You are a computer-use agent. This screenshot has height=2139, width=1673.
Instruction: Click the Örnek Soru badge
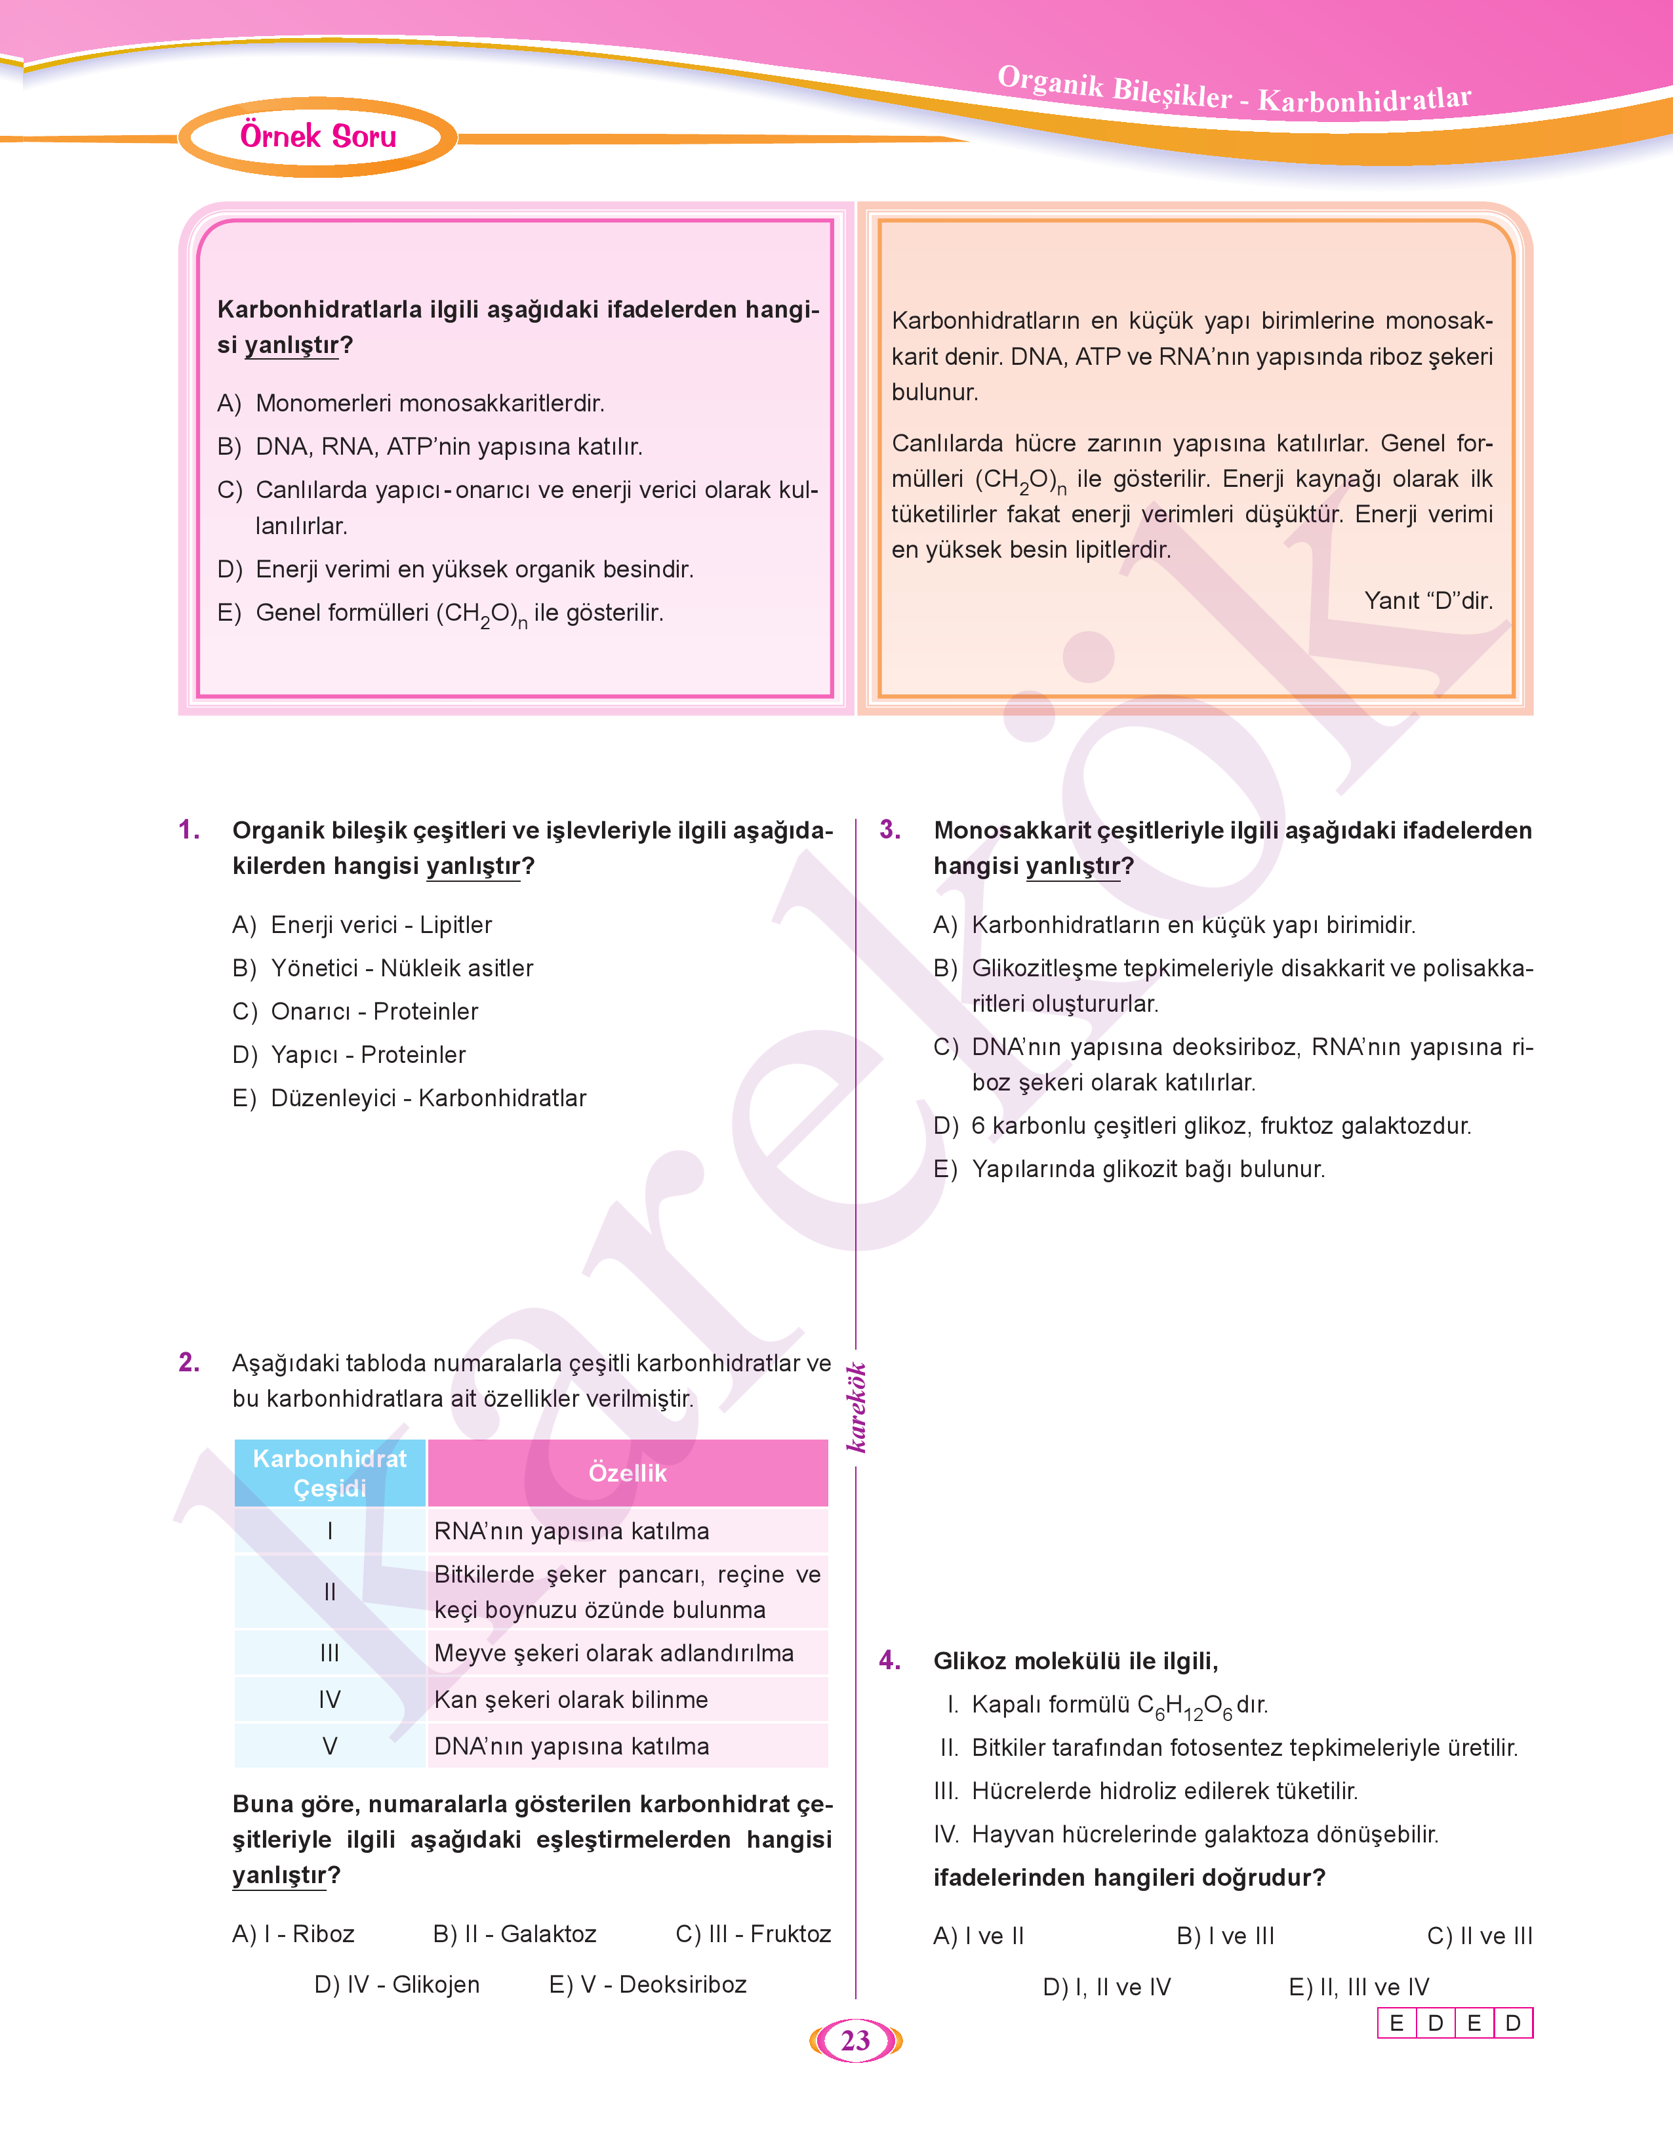[x=318, y=136]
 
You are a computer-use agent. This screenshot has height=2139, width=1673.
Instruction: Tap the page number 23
[x=855, y=2040]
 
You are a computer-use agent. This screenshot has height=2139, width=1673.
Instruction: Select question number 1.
[x=189, y=830]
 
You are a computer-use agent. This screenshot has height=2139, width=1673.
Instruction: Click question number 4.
[x=889, y=1660]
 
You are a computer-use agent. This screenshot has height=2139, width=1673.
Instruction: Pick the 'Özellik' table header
[x=627, y=1473]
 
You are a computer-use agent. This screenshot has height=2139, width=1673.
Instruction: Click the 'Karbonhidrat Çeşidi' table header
[x=330, y=1473]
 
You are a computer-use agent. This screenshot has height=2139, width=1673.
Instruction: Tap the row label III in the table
[x=330, y=1653]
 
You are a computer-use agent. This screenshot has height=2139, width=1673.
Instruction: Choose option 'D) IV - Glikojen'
[x=397, y=1984]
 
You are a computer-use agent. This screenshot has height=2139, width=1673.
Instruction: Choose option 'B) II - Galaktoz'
[x=514, y=1933]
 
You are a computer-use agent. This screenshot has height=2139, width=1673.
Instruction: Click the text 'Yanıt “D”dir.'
[x=1428, y=600]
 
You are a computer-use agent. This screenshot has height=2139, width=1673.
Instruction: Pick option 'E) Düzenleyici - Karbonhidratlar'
[x=409, y=1098]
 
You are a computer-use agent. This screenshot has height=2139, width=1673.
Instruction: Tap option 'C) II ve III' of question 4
[x=1479, y=1935]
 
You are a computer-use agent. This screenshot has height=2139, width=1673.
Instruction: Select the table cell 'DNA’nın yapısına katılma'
[x=571, y=1746]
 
